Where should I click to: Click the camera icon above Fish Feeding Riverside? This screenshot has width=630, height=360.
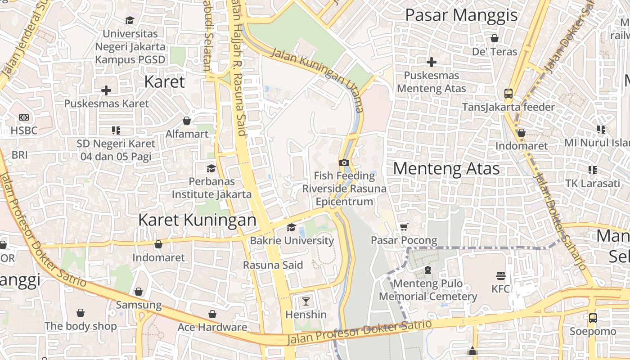pos(344,162)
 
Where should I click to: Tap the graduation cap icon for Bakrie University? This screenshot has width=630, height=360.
pos(291,228)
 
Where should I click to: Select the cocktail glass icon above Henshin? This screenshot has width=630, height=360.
pos(306,301)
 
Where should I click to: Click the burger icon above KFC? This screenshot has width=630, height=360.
pos(500,275)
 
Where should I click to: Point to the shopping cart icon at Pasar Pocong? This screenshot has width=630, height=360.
pos(404,227)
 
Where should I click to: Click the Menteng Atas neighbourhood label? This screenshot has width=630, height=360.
pos(446,169)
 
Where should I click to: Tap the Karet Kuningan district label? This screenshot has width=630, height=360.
pos(197,220)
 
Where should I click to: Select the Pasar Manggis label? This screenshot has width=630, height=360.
pos(461,15)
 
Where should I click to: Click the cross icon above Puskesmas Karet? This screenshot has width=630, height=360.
pos(106,90)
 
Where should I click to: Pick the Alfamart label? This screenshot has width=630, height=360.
pos(187,134)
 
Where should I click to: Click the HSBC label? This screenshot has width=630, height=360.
pos(24,130)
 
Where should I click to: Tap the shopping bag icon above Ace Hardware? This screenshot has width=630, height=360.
pos(212,314)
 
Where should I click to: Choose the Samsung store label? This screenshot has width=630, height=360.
pos(139,305)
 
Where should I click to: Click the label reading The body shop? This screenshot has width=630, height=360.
pos(81,326)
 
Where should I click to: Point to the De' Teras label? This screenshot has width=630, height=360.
pos(495,51)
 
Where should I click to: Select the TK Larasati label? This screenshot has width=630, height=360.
pos(592,183)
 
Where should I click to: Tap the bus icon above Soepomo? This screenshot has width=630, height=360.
pos(593,318)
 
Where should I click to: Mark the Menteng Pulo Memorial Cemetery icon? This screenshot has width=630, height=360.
pos(427,270)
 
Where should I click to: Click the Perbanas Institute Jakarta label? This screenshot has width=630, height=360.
pos(211,188)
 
